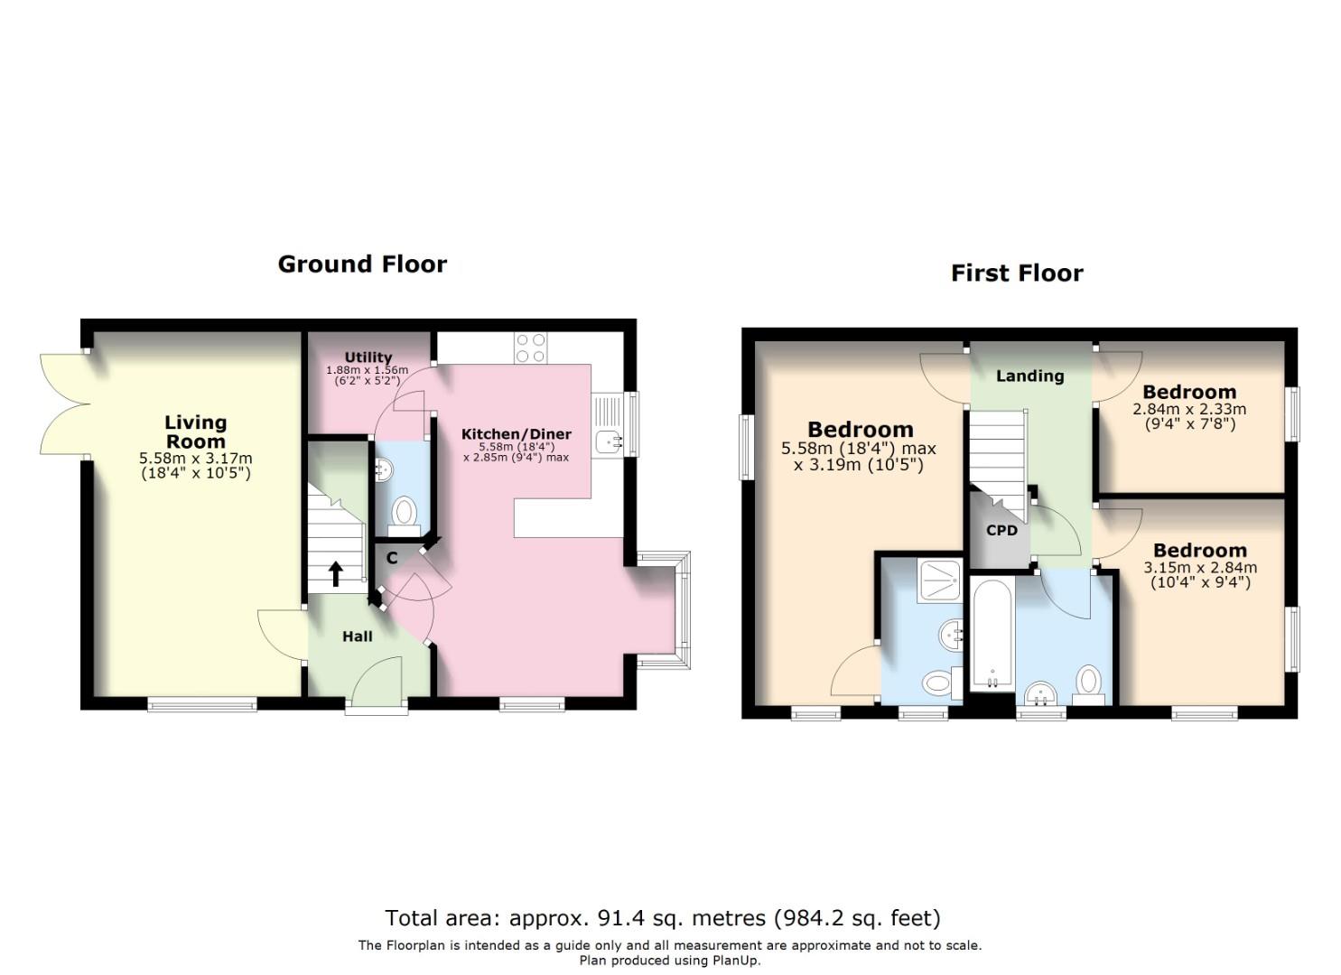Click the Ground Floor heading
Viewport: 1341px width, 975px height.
click(362, 264)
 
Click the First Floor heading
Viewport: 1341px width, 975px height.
click(1017, 273)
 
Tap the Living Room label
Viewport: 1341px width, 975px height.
click(196, 432)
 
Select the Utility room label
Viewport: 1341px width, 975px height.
click(368, 357)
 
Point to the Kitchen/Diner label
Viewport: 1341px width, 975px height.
click(516, 434)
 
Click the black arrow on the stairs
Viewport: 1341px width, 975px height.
click(336, 574)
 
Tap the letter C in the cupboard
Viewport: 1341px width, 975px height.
click(392, 559)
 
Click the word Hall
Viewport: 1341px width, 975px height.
click(358, 636)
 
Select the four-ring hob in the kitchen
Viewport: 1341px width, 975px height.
click(531, 348)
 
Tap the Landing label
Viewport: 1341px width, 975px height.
click(1029, 376)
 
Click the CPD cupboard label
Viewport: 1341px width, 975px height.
click(1001, 530)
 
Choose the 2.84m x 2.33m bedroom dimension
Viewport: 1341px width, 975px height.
click(1189, 409)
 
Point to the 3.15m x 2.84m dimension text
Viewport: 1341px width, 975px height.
click(1200, 568)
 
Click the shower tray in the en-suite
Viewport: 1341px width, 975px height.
click(939, 580)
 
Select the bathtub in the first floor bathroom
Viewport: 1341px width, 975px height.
click(992, 635)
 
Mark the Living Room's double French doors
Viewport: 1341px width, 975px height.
click(63, 404)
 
